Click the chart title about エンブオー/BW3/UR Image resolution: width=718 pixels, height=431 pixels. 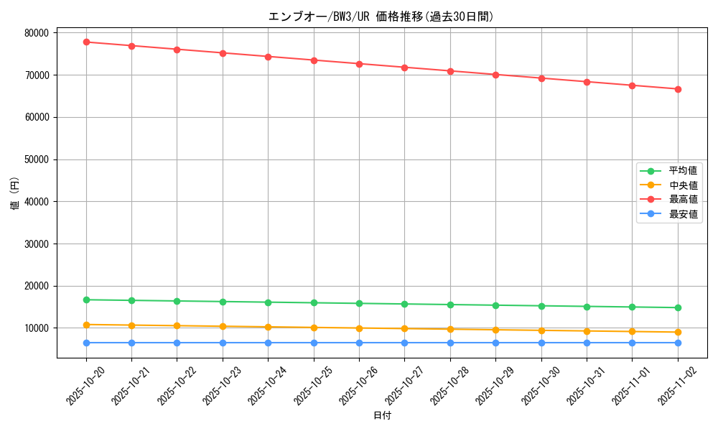point(381,17)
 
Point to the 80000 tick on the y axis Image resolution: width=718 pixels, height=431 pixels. point(36,33)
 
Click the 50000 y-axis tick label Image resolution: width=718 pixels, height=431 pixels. point(36,159)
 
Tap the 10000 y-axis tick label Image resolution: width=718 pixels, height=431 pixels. point(36,328)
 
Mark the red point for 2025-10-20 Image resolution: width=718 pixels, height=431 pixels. point(86,42)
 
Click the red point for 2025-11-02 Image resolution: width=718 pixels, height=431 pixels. point(678,89)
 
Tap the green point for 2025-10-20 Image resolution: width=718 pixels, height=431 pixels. point(86,300)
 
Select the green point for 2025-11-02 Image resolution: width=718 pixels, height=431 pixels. point(678,307)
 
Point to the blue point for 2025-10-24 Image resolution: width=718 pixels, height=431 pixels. point(268,343)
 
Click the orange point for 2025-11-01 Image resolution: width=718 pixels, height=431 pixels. point(632,331)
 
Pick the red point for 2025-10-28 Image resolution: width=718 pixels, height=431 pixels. point(450,71)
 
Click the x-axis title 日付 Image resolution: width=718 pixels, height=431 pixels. point(382,415)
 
